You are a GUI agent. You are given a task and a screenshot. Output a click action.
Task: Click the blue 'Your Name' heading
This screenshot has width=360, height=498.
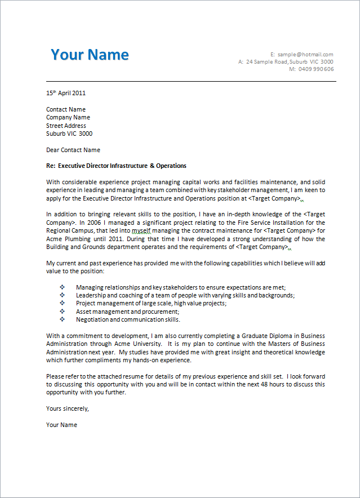coord(90,55)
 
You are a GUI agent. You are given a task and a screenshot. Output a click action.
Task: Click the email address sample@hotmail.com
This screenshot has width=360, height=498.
coord(305,54)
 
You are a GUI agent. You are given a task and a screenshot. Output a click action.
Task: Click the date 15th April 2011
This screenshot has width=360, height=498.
coord(66,93)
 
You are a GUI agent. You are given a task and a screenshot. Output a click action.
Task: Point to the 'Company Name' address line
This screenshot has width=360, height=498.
coord(68,118)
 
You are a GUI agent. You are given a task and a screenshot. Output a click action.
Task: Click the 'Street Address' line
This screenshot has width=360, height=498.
coord(66,126)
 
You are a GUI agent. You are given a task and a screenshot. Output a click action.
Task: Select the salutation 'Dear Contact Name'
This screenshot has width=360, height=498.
coord(73,150)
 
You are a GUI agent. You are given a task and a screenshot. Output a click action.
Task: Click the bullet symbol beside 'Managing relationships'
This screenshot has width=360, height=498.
coord(62,287)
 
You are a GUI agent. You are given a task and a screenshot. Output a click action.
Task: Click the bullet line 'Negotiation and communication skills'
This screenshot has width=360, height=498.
coord(128,319)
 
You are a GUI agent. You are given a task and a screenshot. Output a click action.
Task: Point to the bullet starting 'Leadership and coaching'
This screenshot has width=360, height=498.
coord(185,295)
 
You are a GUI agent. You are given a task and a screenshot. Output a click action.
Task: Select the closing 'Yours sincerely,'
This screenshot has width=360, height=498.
coord(68,408)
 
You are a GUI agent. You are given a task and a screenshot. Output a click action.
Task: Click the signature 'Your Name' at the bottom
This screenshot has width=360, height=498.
coord(61,425)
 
